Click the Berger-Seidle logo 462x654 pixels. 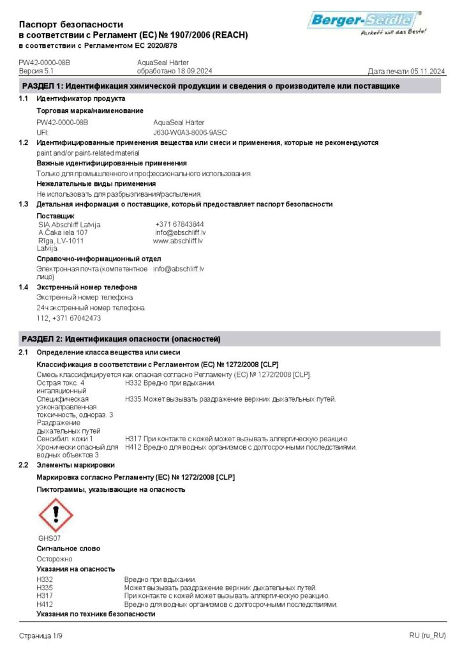365,22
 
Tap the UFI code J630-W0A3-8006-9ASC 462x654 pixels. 190,132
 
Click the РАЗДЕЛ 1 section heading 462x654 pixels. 211,86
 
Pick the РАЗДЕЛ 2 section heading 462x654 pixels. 121,338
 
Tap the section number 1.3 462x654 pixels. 24,204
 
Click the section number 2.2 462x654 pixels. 24,465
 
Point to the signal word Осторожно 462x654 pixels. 54,559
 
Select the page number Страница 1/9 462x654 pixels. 41,635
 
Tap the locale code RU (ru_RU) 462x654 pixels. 428,635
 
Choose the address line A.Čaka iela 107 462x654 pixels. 63,232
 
